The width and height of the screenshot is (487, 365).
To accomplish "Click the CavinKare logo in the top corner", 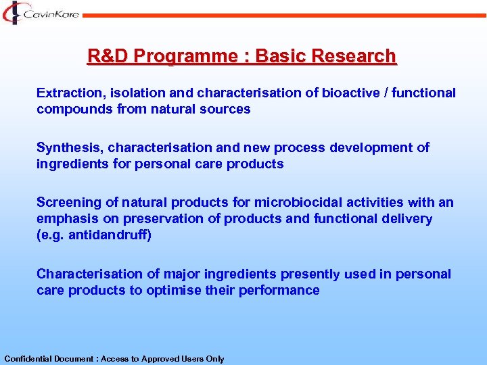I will [41, 13].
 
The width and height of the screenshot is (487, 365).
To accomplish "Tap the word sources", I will [227, 109].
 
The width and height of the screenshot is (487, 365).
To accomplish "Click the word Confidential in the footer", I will [28, 359].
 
